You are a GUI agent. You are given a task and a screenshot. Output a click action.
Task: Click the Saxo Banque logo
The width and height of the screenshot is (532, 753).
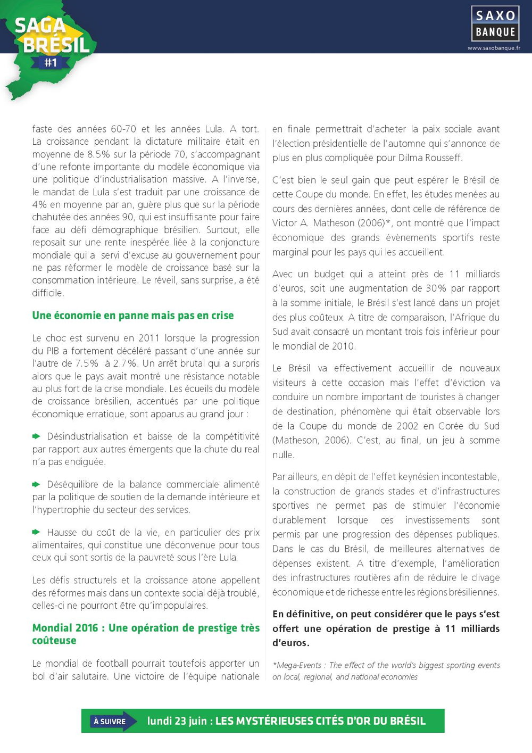click(495, 23)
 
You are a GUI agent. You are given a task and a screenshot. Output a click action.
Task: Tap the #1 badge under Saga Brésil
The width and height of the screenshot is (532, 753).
click(51, 63)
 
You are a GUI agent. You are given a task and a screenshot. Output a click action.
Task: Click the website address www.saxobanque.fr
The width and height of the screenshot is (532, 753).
click(494, 48)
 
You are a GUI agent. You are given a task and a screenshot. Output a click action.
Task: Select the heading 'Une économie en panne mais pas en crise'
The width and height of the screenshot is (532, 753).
click(133, 315)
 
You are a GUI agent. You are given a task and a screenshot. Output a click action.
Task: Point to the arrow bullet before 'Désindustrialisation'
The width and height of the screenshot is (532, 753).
click(36, 436)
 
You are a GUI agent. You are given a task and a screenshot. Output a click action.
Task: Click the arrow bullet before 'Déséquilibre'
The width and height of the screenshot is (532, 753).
click(36, 484)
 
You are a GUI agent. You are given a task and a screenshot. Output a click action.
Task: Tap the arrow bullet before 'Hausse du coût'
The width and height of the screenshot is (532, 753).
click(36, 532)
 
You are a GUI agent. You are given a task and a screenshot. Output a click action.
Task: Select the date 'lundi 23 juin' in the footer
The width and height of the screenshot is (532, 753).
click(177, 721)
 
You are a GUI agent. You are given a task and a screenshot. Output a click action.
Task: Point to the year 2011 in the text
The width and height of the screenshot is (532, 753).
click(149, 338)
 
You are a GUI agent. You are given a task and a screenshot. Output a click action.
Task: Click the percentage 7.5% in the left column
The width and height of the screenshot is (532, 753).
click(86, 363)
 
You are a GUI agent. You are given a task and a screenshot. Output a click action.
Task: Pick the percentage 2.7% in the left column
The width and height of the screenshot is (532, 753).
click(125, 363)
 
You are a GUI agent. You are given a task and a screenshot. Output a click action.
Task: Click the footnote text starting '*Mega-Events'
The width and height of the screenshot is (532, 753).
click(386, 671)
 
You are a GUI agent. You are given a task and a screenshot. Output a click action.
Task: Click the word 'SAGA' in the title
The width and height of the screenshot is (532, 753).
click(40, 26)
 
